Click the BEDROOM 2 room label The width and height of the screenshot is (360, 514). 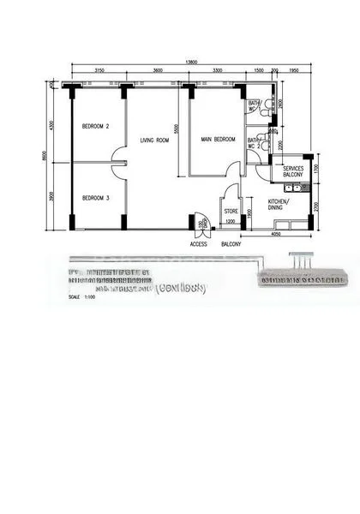95,126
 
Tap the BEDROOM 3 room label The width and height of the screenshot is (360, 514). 95,198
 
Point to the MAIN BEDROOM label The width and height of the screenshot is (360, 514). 218,139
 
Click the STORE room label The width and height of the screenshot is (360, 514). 231,210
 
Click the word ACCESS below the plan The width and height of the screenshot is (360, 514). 198,243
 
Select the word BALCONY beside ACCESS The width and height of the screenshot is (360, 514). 230,243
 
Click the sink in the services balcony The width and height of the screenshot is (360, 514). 294,185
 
